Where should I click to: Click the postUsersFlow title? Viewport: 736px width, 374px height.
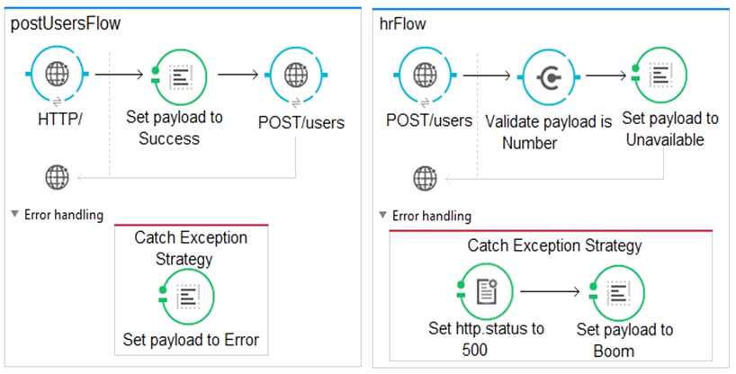[66, 24]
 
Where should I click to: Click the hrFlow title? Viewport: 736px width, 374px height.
[403, 24]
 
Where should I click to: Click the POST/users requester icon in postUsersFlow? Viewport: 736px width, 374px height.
[297, 76]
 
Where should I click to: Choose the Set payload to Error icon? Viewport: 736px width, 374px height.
[186, 296]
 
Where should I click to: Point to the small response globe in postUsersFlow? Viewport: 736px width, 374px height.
[57, 176]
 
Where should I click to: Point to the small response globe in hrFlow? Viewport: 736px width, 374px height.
[425, 178]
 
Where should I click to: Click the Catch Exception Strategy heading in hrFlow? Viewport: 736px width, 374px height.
[555, 245]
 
